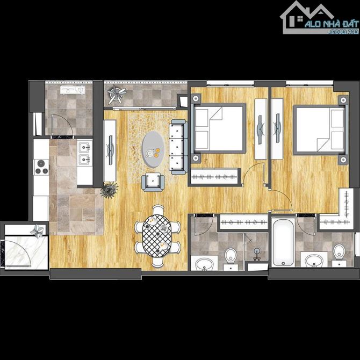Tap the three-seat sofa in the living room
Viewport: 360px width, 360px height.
point(178,147)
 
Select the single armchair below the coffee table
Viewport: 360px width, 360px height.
point(153,182)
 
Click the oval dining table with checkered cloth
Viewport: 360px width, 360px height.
point(157,236)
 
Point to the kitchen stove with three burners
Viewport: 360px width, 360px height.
point(41,167)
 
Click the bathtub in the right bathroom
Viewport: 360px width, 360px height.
point(283,242)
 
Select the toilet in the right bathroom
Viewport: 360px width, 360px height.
point(339,254)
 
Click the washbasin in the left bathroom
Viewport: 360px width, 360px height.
point(204,264)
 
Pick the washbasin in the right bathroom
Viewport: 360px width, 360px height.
point(314,260)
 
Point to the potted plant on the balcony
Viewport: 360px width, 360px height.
point(117,94)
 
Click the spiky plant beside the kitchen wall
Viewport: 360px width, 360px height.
point(109,190)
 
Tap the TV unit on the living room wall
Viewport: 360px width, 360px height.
point(110,151)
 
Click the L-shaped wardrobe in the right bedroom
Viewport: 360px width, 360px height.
point(337,209)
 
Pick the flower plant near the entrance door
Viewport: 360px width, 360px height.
point(38,231)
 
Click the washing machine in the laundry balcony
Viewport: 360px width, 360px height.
point(73,90)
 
